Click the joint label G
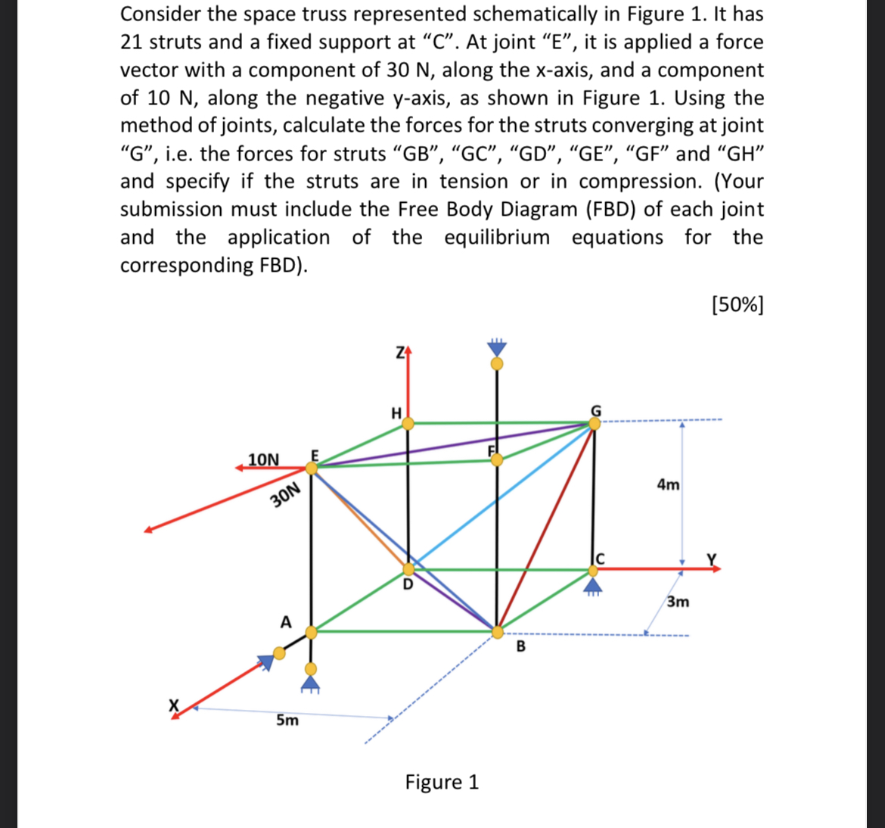tap(596, 410)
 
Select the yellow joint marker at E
tap(312, 468)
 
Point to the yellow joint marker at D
tap(408, 568)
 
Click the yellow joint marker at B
tap(498, 631)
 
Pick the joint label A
tap(286, 622)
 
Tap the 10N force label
tap(263, 459)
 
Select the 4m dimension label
tap(667, 484)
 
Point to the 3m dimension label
tap(678, 602)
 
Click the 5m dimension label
tap(287, 720)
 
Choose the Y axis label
tap(710, 559)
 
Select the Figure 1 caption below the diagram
tap(442, 781)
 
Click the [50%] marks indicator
tap(737, 304)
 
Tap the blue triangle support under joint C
tap(594, 585)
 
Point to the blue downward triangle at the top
tap(496, 347)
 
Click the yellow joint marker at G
tap(595, 423)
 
